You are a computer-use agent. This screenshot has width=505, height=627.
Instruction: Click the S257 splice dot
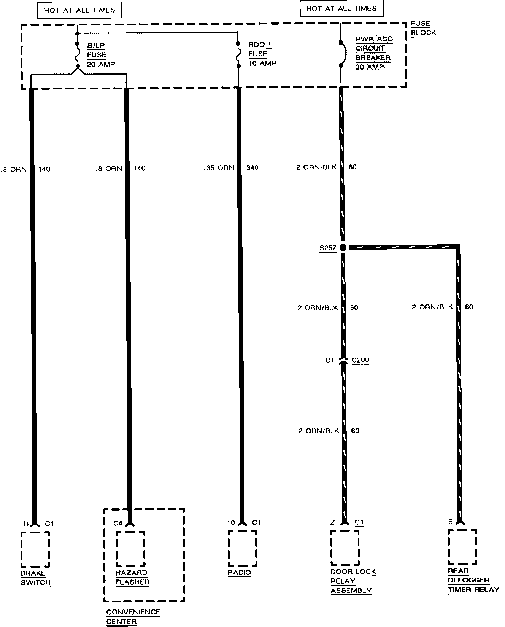(x=343, y=248)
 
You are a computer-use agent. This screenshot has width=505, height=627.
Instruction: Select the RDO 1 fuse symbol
(x=238, y=54)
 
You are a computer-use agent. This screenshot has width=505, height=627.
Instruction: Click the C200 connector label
(x=360, y=360)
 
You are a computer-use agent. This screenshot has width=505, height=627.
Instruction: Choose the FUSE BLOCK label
(x=423, y=28)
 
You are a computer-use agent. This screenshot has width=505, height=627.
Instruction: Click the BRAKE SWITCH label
(x=35, y=578)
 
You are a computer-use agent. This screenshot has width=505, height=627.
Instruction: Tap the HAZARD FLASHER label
(x=132, y=577)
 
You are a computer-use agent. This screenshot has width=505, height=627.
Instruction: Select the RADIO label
(x=240, y=573)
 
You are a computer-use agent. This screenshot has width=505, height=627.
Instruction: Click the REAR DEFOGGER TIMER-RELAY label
(x=473, y=581)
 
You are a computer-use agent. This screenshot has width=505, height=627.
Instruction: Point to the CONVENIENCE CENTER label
(x=133, y=617)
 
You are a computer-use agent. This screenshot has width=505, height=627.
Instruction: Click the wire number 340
(x=252, y=167)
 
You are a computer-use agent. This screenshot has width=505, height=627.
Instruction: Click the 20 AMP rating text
(x=101, y=64)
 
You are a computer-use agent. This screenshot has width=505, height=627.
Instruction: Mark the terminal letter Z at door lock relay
(x=333, y=522)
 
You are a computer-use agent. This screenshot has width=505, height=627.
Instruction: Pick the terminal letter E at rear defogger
(x=450, y=522)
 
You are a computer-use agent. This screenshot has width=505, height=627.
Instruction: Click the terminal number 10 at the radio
(x=231, y=523)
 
